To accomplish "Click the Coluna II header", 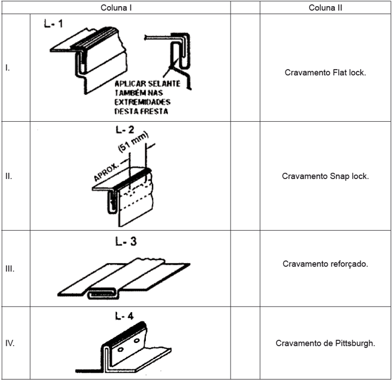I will click(326, 8).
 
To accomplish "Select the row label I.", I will click(7, 68).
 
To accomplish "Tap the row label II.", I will click(8, 176).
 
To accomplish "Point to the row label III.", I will click(10, 268).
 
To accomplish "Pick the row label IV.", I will click(10, 343).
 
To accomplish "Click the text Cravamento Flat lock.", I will click(325, 73).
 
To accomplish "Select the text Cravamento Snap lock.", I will click(325, 176).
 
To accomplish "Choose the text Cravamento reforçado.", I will click(325, 263).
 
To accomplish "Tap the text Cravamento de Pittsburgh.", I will click(325, 343).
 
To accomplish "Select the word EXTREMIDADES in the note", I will click(140, 102).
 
